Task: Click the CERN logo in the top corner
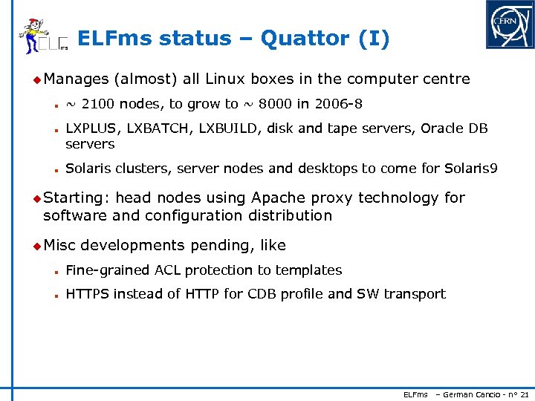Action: pos(509,25)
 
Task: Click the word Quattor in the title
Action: pos(305,39)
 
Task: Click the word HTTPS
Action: pos(88,294)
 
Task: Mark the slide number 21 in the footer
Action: pos(525,394)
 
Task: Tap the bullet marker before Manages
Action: pos(37,79)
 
